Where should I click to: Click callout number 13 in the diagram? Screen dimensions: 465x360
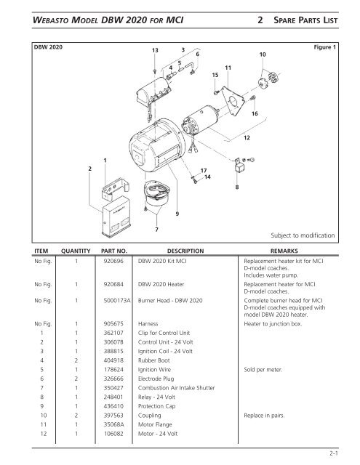click(155, 49)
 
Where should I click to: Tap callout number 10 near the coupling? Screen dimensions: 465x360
click(262, 54)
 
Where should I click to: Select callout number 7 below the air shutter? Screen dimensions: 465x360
click(156, 230)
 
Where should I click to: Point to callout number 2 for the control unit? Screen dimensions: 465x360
click(90, 169)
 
